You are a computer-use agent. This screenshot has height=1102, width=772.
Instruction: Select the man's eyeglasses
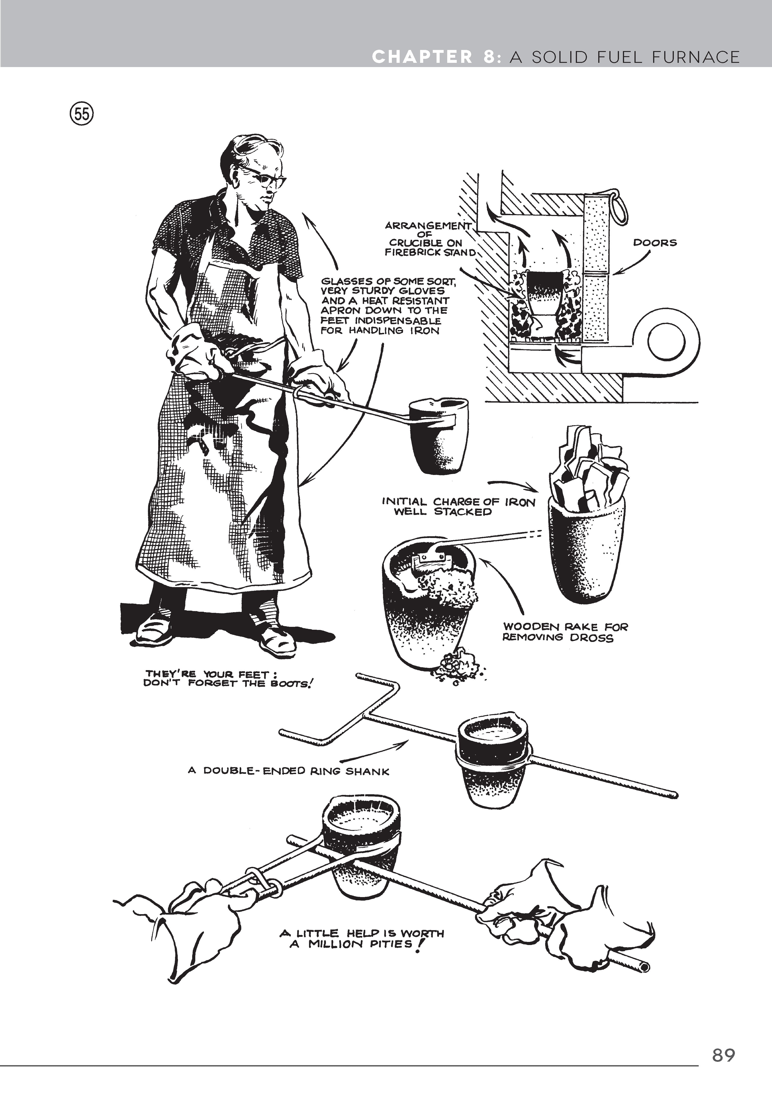(266, 179)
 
